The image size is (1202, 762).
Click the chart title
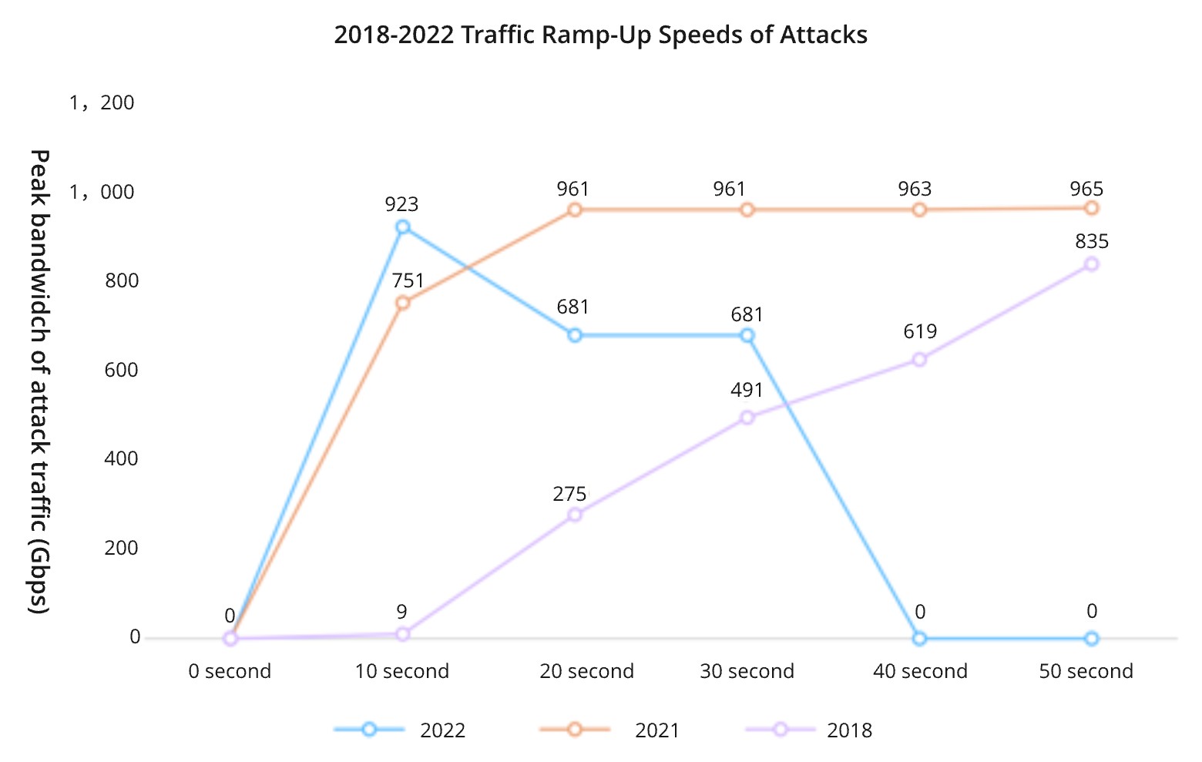tap(600, 35)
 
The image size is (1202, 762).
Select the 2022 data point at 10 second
tap(402, 227)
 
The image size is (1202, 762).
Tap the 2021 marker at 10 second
tap(402, 303)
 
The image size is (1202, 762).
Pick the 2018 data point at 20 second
tap(574, 515)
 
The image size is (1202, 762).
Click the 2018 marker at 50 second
tap(1091, 264)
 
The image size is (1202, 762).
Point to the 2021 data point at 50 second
tap(1091, 208)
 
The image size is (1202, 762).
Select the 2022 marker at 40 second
tap(919, 638)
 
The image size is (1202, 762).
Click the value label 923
tap(401, 204)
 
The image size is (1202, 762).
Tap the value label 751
tap(408, 280)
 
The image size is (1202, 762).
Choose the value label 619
tap(920, 331)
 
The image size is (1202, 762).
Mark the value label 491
tap(747, 390)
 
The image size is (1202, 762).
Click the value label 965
tap(1086, 189)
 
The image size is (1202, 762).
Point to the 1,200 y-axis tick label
tap(102, 102)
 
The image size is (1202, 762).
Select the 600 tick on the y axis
tap(122, 370)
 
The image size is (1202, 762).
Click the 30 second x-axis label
tap(747, 671)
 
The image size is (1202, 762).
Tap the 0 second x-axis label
tap(230, 671)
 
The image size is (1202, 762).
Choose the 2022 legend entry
tap(401, 730)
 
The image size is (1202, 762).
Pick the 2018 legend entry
tap(809, 730)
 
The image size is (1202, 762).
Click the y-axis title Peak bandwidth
tap(39, 381)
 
